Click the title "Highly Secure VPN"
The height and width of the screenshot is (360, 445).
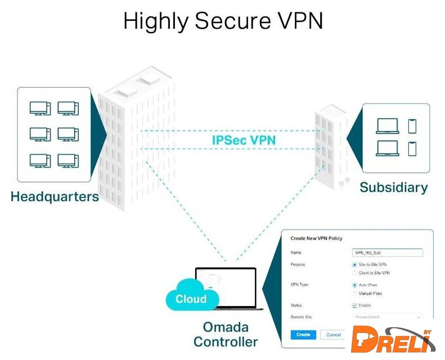(223, 21)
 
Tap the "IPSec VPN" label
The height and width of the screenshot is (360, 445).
(244, 139)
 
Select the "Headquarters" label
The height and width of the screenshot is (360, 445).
(55, 197)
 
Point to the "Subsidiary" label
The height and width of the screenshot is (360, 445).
(393, 187)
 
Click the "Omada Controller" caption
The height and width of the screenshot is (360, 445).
(226, 334)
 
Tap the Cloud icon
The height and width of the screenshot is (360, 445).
(191, 299)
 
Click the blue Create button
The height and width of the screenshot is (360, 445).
(303, 335)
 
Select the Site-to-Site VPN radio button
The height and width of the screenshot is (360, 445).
(354, 264)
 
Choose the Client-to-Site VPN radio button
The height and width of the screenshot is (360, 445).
(354, 273)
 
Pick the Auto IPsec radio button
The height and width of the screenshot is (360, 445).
(354, 285)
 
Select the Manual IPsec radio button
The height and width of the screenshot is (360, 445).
(354, 294)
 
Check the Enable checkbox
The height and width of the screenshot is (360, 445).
(354, 305)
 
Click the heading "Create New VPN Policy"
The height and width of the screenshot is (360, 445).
(316, 238)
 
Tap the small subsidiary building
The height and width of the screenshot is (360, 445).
(331, 146)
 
